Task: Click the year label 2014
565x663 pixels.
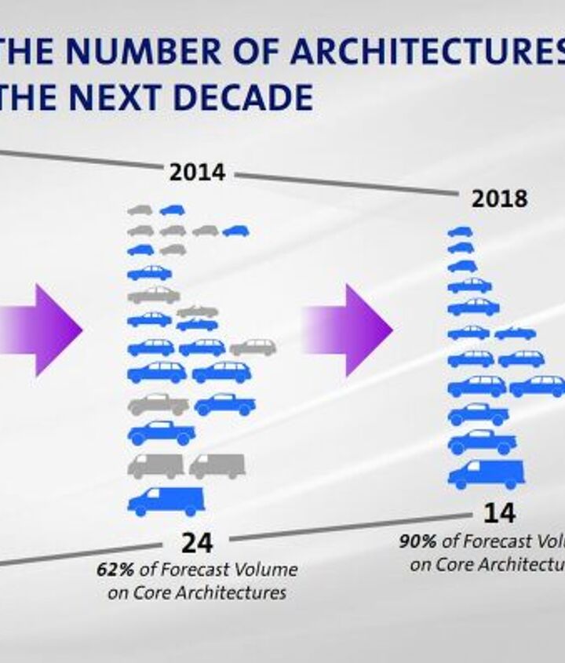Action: coord(197,173)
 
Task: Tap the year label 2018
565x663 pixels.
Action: coord(499,199)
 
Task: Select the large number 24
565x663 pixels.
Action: coord(197,542)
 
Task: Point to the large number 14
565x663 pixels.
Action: coord(499,513)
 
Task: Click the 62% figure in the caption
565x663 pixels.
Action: coord(111,569)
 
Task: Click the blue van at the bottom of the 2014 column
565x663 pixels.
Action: coord(166,501)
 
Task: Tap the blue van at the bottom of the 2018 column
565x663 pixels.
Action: coord(485,473)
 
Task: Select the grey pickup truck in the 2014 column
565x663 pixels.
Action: coord(158,405)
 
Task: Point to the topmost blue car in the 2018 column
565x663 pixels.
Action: coord(460,232)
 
